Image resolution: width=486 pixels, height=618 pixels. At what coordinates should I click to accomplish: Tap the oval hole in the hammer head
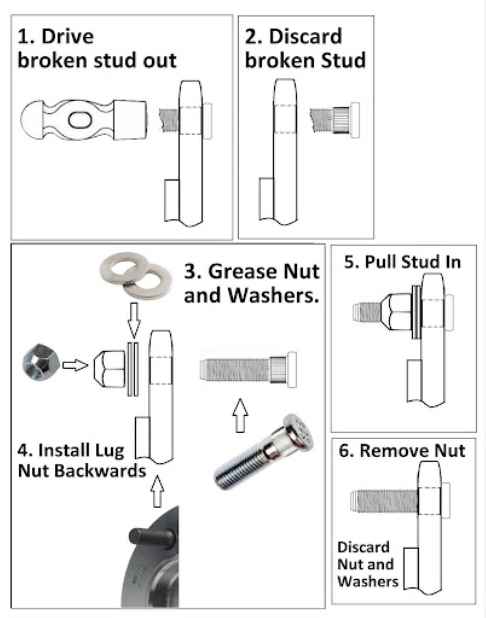click(x=79, y=120)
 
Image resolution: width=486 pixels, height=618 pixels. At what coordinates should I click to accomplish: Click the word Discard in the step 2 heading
click(x=305, y=36)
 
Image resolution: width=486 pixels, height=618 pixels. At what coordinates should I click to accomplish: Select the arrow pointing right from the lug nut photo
click(x=75, y=365)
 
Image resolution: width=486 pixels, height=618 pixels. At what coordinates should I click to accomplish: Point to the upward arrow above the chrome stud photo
click(x=240, y=414)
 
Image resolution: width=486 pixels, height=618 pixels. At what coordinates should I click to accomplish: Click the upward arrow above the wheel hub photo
click(x=157, y=491)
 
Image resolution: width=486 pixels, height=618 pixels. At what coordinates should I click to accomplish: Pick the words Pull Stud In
click(x=402, y=262)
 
